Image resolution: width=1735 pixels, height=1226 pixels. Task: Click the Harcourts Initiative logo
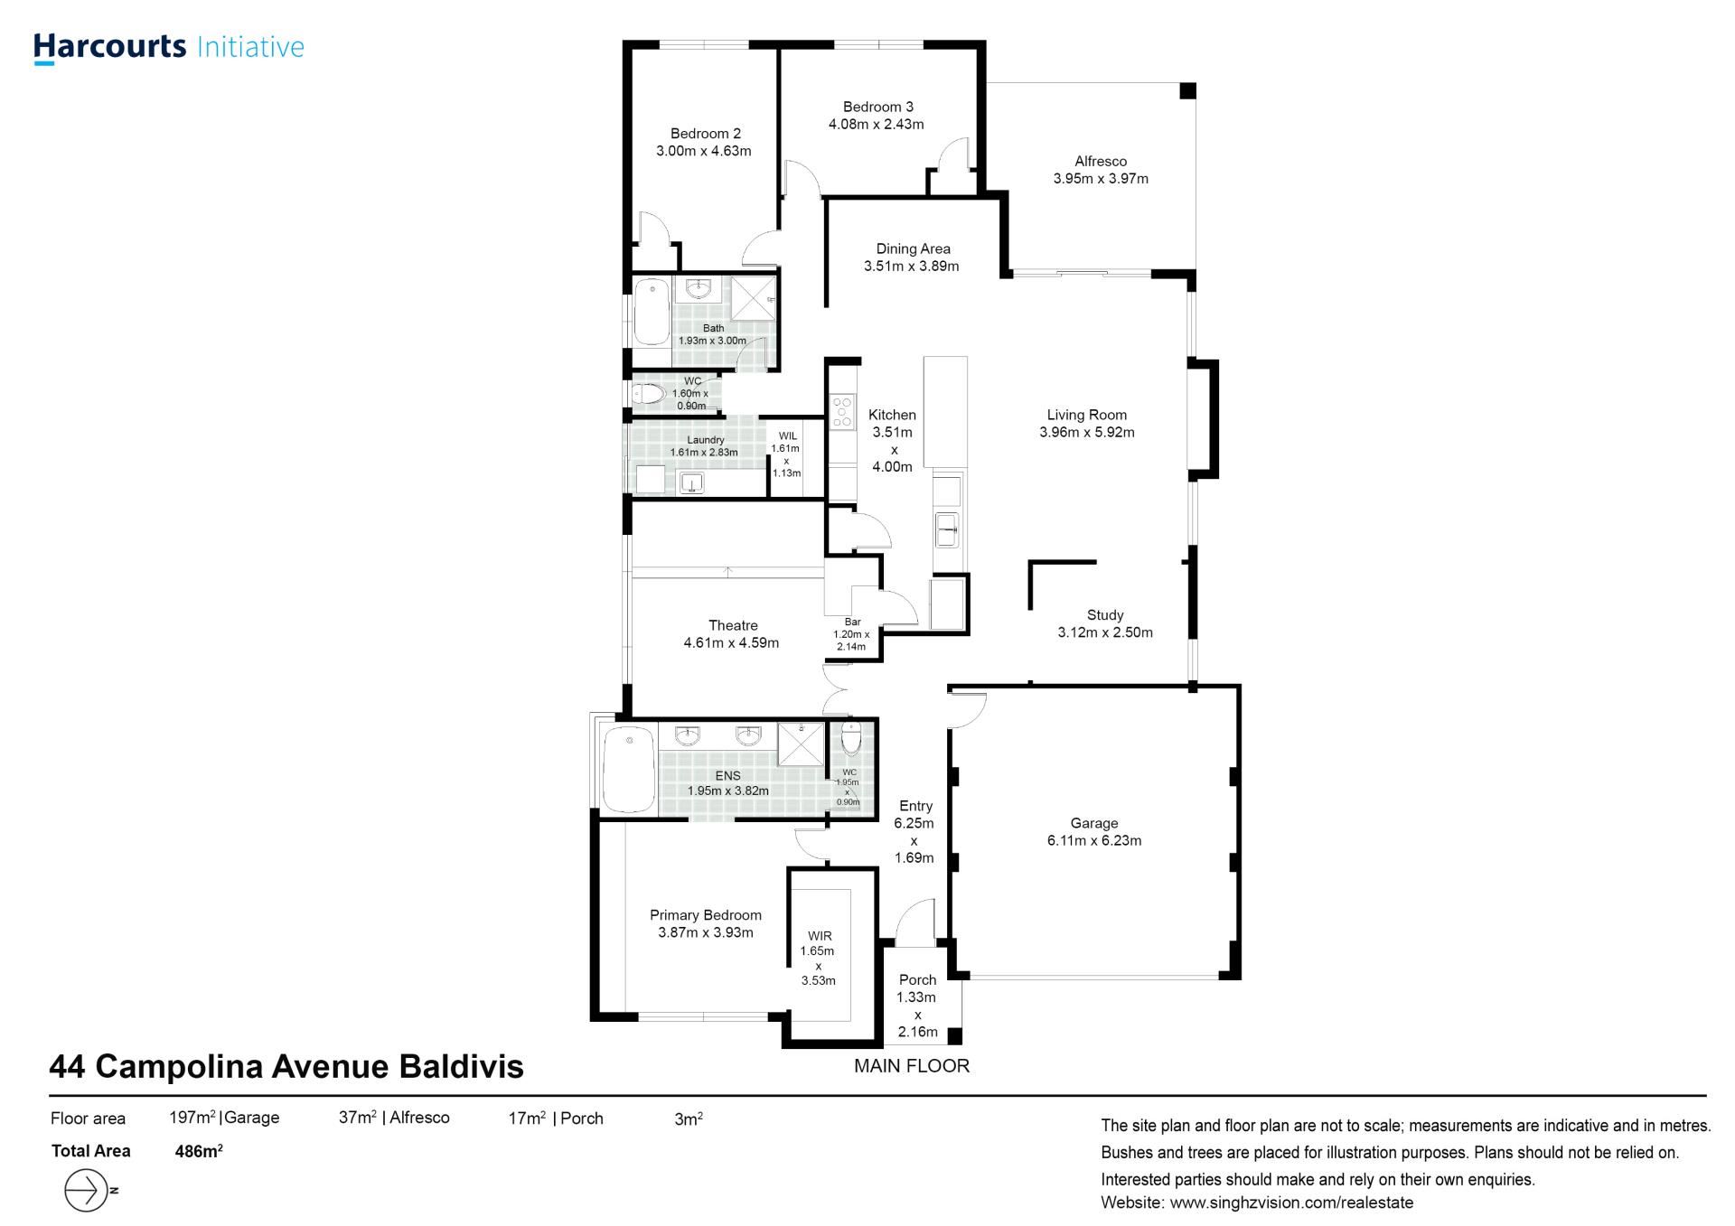click(x=169, y=48)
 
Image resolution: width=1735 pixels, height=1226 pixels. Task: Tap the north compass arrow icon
click(x=88, y=1190)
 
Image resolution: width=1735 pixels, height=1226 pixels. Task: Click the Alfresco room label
click(x=1101, y=161)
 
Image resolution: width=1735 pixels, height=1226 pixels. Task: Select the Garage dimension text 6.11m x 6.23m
click(x=1094, y=840)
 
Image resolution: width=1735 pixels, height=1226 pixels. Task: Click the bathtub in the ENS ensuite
click(x=628, y=770)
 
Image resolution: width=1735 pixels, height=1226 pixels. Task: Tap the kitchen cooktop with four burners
click(x=842, y=411)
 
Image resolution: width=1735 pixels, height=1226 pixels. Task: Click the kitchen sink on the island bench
click(x=947, y=529)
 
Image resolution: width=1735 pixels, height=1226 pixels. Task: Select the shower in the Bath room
click(x=753, y=298)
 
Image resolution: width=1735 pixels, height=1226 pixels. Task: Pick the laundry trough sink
click(x=692, y=483)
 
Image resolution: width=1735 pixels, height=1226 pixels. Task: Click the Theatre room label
click(x=733, y=625)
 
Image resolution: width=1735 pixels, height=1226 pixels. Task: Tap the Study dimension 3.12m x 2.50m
click(x=1105, y=632)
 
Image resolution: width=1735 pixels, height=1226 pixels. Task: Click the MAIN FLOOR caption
click(x=912, y=1066)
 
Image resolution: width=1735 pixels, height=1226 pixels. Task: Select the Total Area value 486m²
click(x=199, y=1151)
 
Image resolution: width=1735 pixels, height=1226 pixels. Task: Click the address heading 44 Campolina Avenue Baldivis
click(x=286, y=1067)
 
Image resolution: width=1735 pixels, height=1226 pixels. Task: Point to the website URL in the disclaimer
click(x=1291, y=1203)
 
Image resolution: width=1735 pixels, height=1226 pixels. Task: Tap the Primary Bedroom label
click(x=706, y=915)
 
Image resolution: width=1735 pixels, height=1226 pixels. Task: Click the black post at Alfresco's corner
click(x=1188, y=91)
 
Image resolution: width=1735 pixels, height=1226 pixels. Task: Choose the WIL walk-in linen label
click(x=787, y=436)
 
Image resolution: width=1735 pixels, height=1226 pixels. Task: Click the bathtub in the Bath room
click(x=651, y=313)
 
